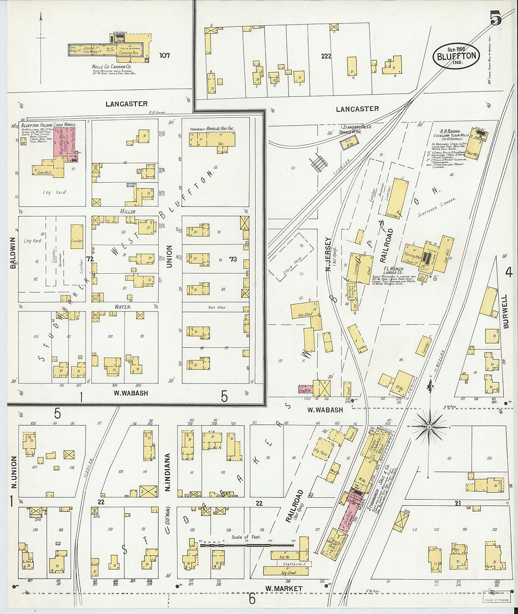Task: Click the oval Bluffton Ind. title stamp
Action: (x=456, y=56)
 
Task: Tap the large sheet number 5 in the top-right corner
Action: (x=495, y=18)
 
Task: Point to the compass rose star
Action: (x=429, y=427)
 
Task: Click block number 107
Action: (x=164, y=56)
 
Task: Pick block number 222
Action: (x=326, y=56)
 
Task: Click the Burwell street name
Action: (x=505, y=311)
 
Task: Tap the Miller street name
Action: (x=127, y=212)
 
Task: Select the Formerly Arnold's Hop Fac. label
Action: (x=212, y=128)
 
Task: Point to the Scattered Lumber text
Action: (x=437, y=207)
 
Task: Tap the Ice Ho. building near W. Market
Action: (x=284, y=557)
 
